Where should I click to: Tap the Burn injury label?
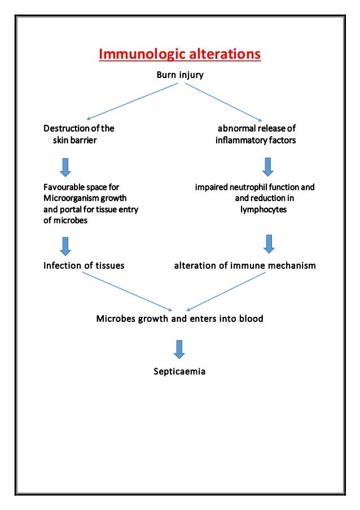click(179, 75)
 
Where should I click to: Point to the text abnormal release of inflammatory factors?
click(255, 134)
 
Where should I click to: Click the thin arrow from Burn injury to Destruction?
click(133, 102)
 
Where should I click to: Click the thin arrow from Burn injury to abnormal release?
click(224, 102)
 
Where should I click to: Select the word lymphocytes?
click(264, 209)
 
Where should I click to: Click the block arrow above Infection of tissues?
click(65, 245)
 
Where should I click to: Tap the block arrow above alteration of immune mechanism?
click(269, 243)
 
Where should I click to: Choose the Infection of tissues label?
click(84, 265)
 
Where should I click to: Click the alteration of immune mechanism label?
click(244, 265)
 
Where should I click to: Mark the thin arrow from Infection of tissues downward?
click(127, 292)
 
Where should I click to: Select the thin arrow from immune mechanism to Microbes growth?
click(226, 292)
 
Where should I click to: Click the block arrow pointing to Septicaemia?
click(179, 349)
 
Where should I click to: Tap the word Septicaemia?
click(179, 372)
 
